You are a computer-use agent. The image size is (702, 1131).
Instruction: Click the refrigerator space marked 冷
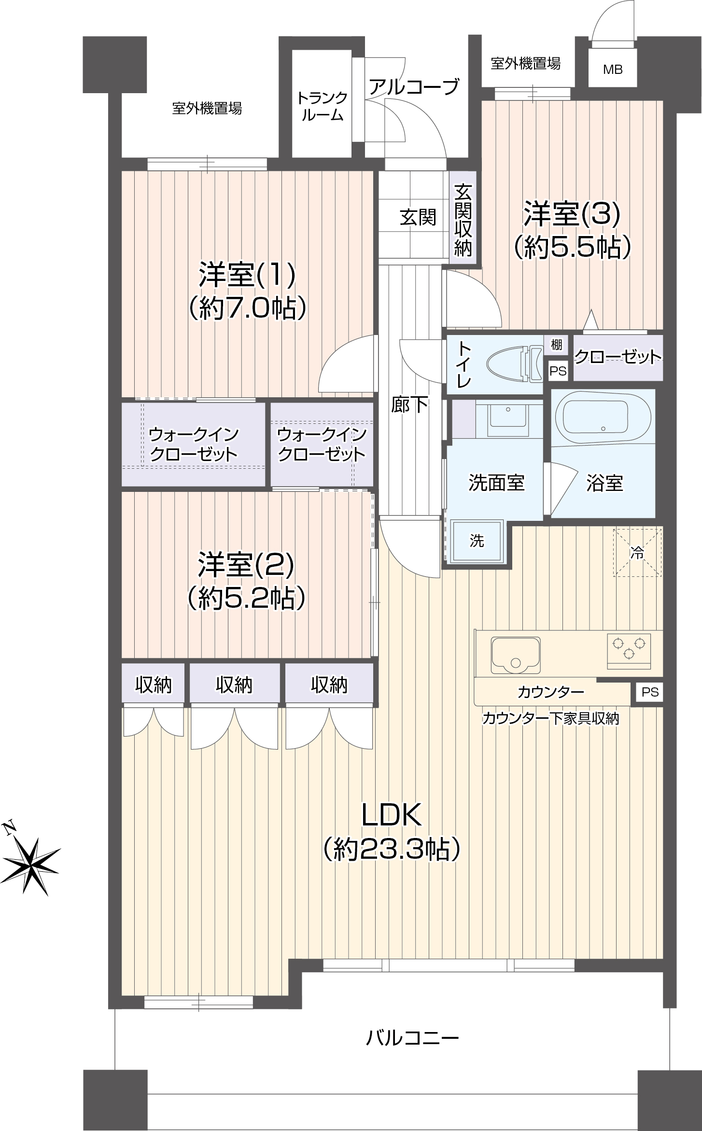[637, 553]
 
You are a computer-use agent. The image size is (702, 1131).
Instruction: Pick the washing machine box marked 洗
[477, 541]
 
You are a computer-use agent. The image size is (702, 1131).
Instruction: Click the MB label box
[613, 70]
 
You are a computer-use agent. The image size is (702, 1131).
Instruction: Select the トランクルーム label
[322, 106]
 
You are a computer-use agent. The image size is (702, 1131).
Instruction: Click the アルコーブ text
[414, 87]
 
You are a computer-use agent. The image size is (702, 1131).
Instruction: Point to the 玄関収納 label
[463, 220]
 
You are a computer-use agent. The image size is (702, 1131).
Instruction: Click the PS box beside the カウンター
[650, 692]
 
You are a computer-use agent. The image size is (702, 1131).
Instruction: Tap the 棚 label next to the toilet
[556, 345]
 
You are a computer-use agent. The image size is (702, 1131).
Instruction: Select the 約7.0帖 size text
[247, 307]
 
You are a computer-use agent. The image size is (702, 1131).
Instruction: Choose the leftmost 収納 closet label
[153, 684]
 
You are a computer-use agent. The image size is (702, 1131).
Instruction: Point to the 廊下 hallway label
[409, 405]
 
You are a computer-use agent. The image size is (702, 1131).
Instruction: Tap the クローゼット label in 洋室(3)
[618, 357]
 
